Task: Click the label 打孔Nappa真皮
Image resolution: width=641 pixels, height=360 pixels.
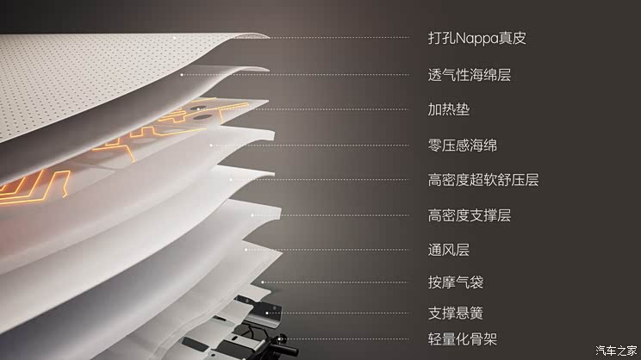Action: pos(476,38)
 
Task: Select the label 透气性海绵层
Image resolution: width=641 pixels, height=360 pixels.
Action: pos(470,75)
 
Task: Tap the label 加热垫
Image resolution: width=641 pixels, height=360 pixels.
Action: pos(449,110)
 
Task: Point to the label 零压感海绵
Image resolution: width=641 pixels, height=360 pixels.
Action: pos(463,145)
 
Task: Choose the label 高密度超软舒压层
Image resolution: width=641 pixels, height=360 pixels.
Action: pos(483,180)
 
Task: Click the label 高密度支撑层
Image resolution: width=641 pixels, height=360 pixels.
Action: pos(470,215)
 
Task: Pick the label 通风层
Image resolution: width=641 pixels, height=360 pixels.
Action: pos(449,251)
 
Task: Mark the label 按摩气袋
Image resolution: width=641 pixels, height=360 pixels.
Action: pos(456,282)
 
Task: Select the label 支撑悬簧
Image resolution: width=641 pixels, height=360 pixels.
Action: pos(456,312)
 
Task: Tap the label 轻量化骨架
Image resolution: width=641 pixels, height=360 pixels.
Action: pos(463,338)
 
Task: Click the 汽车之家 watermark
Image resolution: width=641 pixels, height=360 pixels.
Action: pos(616,350)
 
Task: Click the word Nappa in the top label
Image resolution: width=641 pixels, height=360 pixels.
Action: pos(475,39)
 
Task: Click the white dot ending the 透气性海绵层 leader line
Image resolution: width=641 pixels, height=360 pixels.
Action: pos(182,75)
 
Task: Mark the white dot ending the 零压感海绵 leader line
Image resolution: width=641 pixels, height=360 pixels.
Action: pos(212,145)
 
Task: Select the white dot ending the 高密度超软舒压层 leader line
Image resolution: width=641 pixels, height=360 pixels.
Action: pos(231,180)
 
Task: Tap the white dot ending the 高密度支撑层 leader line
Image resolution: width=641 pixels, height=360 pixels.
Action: pos(252,215)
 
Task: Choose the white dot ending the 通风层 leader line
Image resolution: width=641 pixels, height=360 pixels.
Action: pos(246,251)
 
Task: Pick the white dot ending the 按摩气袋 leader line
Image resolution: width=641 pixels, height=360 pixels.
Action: pos(264,282)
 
